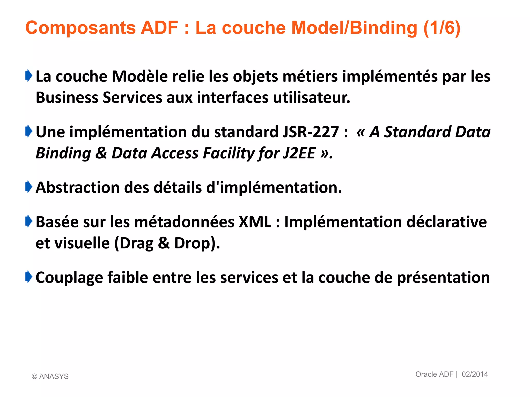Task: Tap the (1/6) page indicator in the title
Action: click(442, 28)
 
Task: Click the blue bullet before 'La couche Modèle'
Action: click(28, 76)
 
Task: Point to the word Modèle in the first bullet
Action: click(140, 77)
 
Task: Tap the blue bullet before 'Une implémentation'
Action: click(28, 131)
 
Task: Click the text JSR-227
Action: click(311, 132)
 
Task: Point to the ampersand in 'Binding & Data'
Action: click(101, 153)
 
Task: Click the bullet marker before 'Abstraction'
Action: click(28, 187)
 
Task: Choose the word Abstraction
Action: click(78, 188)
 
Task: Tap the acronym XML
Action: click(255, 222)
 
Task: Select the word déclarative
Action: click(447, 222)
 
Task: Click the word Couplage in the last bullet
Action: click(69, 278)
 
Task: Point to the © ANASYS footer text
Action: click(50, 376)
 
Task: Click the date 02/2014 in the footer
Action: click(475, 374)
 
